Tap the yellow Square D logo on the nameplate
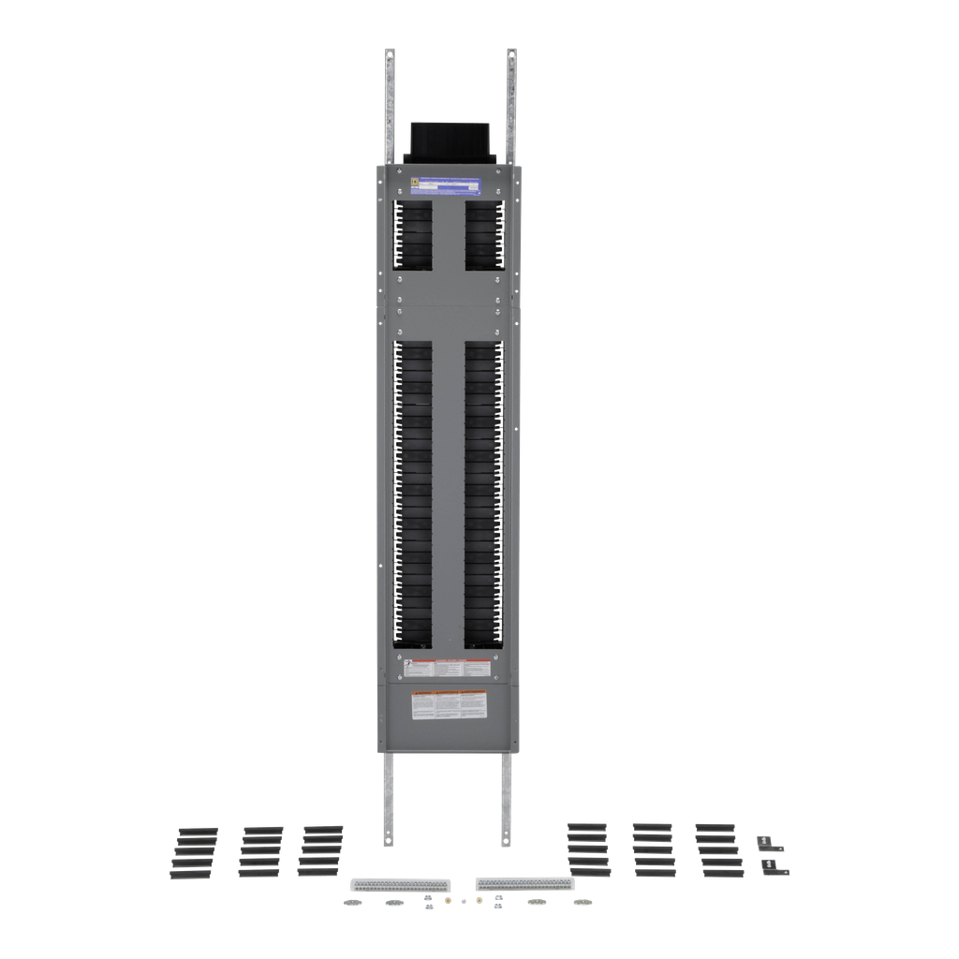point(413,184)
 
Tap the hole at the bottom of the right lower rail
point(507,836)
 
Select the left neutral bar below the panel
point(400,884)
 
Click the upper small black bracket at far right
point(770,845)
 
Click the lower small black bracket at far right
point(775,867)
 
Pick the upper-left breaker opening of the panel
point(412,234)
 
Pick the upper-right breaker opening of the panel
point(484,234)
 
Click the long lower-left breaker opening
point(412,494)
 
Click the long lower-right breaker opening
point(484,494)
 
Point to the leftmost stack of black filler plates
point(193,852)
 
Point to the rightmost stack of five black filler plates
point(718,850)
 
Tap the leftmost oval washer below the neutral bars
point(350,903)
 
